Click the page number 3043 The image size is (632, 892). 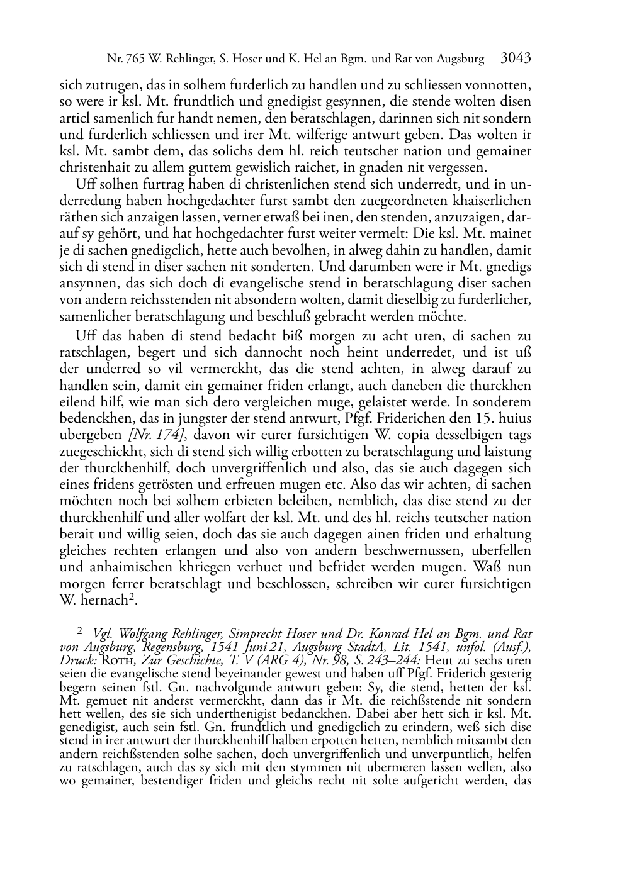pyautogui.click(x=516, y=59)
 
